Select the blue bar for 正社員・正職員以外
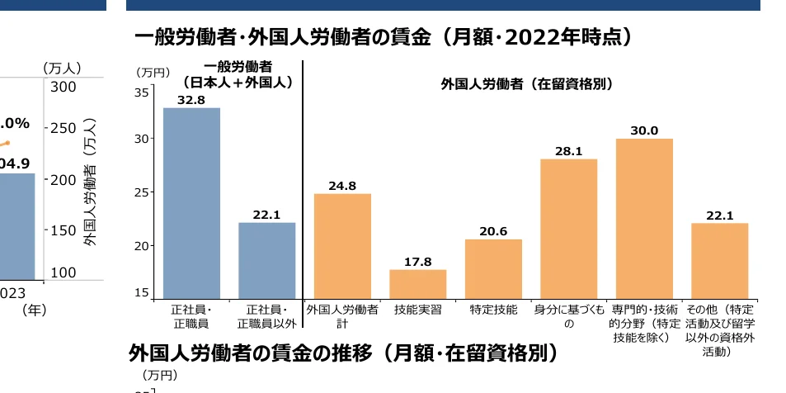click(x=267, y=261)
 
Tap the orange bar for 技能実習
click(x=418, y=284)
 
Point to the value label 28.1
click(x=568, y=151)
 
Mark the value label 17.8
click(x=418, y=262)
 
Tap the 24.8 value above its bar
click(x=342, y=186)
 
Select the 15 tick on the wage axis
click(x=141, y=292)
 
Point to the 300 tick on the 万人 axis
click(x=63, y=87)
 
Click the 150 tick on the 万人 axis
click(x=63, y=230)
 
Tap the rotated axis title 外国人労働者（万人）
click(x=90, y=182)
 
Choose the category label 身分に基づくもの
click(x=568, y=317)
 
